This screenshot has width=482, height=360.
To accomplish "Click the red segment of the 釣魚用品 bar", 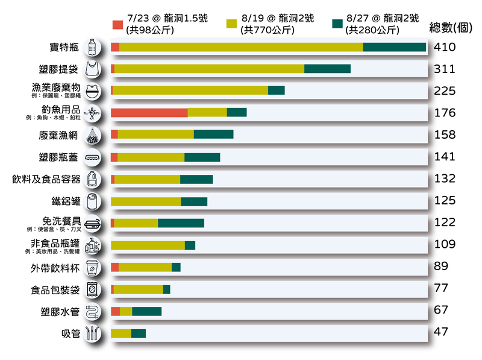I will click(149, 112).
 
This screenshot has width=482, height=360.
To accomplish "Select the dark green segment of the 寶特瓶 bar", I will click(394, 47).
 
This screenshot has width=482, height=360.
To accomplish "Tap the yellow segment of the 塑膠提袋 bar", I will click(209, 69).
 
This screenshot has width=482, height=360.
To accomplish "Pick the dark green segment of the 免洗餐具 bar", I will click(181, 223).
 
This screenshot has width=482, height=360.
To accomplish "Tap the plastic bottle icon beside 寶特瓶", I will click(92, 47).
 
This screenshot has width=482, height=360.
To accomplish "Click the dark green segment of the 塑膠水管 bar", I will click(146, 311).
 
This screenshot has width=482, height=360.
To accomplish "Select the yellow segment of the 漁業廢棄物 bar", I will click(190, 90).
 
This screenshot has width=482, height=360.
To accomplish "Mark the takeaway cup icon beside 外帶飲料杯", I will click(92, 267).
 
